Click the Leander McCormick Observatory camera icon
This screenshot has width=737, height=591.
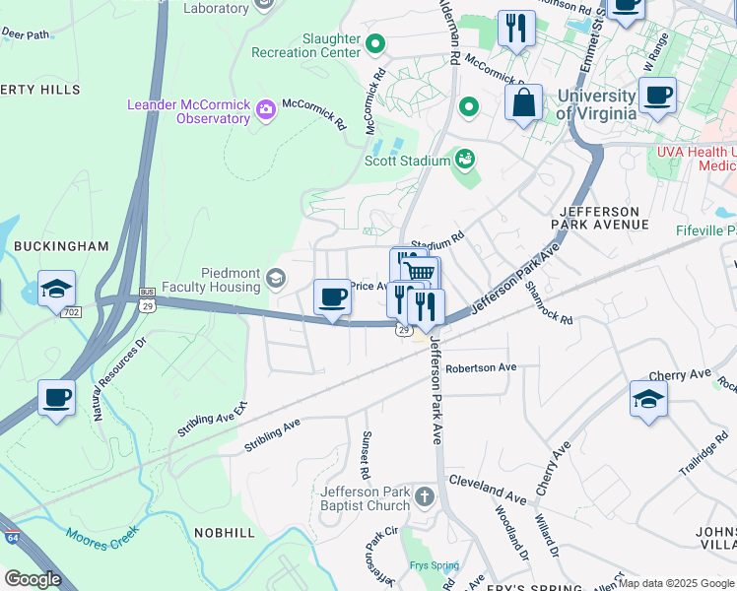coord(265,111)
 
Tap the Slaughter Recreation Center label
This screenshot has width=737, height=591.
coord(305,44)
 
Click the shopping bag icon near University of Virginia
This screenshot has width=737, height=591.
coord(524,101)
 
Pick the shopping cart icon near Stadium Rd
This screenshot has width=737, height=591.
coord(421,273)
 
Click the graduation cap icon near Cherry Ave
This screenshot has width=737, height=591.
coord(648,399)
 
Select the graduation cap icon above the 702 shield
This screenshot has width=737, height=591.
coord(57,289)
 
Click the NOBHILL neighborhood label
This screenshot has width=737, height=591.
coord(224,532)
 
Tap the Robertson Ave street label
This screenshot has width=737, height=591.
coord(481,367)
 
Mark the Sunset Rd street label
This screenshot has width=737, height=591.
coord(365,455)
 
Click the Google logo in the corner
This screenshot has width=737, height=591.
coord(33,579)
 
